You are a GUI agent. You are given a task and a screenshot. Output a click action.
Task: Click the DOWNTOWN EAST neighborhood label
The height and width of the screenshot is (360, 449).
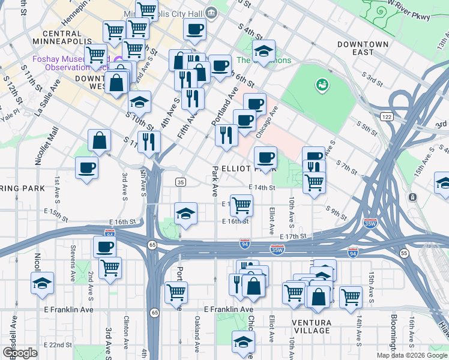[363, 48]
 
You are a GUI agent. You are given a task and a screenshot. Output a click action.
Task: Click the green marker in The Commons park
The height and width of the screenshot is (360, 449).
[322, 85]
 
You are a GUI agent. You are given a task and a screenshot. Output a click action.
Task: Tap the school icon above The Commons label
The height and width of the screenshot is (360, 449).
[264, 53]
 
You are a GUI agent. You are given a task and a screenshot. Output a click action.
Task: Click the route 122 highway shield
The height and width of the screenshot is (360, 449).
[386, 116]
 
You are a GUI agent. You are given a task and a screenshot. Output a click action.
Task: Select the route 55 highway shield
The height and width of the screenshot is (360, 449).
[403, 254]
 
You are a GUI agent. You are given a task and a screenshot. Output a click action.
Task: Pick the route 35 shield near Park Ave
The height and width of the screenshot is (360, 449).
[179, 182]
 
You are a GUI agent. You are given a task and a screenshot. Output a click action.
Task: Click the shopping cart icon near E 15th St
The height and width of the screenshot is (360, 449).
[241, 205]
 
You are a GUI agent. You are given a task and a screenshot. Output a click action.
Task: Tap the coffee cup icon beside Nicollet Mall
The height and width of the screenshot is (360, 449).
[86, 167]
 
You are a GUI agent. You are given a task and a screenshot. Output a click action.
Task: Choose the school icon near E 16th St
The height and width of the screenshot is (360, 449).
[186, 214]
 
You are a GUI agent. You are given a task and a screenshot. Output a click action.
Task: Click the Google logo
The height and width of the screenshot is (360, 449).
[20, 353]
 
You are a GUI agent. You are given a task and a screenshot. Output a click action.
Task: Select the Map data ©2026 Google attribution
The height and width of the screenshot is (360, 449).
[411, 355]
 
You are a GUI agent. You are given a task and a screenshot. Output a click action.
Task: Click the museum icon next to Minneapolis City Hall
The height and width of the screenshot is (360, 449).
[211, 13]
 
